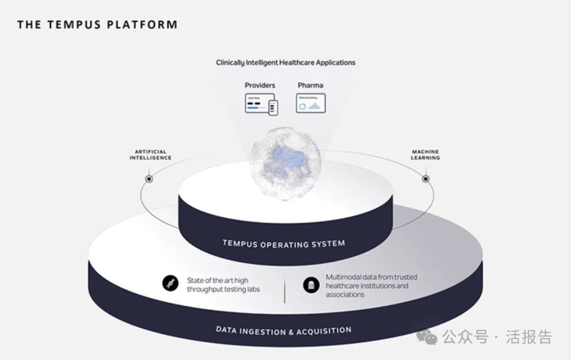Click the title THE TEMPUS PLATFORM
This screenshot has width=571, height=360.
coord(97,25)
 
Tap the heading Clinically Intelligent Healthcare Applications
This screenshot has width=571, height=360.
coord(285,62)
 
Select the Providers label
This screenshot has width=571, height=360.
coord(260,85)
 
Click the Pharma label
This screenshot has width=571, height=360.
coord(310,85)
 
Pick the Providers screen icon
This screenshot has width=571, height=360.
coord(261,104)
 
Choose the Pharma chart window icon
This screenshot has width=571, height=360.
coord(310,103)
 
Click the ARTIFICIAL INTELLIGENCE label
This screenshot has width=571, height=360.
coord(151,154)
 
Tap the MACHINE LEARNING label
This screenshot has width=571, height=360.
coord(426,154)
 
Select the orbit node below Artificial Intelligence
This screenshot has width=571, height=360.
coord(149,179)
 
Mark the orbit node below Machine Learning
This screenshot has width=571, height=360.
coord(426,179)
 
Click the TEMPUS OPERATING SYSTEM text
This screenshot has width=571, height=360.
coord(283,244)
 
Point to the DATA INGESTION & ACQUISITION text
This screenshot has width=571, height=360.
coord(283,331)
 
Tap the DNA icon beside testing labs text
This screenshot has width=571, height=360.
coord(170,284)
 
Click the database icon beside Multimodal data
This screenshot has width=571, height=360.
coord(311,285)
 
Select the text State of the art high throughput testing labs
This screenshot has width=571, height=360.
coord(223,285)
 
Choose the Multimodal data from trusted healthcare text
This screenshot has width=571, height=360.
coord(371,285)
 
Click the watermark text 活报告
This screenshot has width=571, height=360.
coord(529,337)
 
